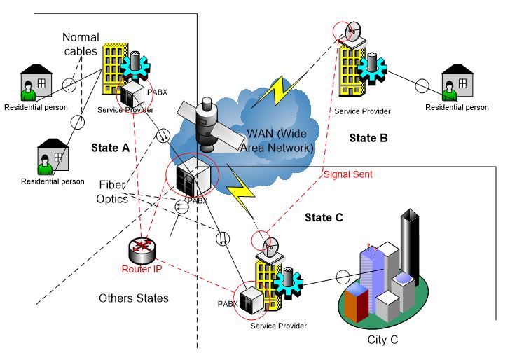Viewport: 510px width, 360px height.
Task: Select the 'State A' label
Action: [111, 148]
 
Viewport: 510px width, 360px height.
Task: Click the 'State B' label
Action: [368, 138]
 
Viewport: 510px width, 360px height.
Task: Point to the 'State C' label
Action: [324, 218]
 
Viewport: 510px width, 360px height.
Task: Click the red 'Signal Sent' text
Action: [347, 174]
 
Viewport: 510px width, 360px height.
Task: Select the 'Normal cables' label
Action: [81, 44]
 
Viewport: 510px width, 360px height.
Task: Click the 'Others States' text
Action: [133, 298]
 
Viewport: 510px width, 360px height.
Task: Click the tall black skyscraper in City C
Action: [409, 244]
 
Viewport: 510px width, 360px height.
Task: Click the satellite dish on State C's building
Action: [270, 247]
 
